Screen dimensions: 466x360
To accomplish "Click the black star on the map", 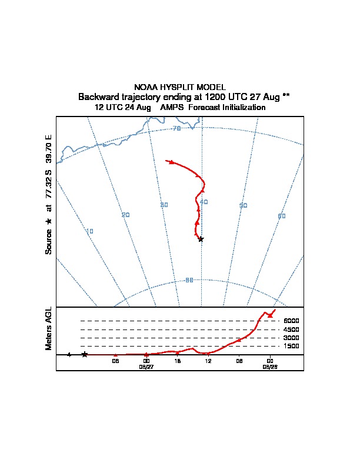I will [201, 239].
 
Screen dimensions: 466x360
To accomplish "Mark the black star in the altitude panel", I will [85, 354].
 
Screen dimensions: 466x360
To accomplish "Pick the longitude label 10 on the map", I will [89, 231].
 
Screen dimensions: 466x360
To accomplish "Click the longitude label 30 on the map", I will [164, 205].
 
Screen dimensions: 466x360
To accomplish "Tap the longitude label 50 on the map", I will [243, 205].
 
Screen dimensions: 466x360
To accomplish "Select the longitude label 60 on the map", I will [282, 216].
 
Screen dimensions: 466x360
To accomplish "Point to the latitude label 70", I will [176, 128].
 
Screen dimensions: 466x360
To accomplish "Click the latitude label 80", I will [189, 280].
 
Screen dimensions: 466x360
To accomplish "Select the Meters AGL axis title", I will [49, 328].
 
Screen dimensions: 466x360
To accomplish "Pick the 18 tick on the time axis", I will [177, 361].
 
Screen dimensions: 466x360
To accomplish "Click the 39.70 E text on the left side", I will [49, 149].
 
